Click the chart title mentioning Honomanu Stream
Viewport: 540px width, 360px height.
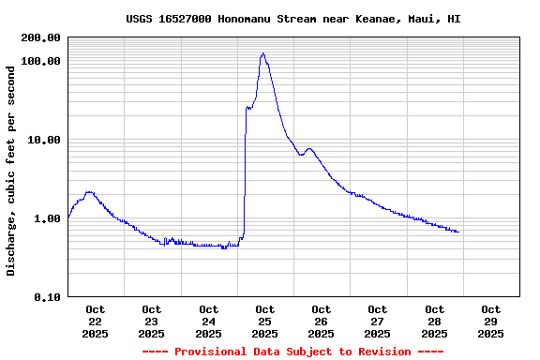[292, 19]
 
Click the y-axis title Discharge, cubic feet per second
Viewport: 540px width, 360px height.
[11, 171]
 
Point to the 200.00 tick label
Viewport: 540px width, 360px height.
[41, 37]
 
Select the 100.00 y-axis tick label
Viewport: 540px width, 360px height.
[41, 61]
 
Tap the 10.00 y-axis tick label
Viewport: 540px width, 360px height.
[44, 140]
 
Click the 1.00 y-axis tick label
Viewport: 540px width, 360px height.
[47, 218]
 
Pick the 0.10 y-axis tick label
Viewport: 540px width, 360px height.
[47, 297]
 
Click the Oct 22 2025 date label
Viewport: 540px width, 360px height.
[96, 321]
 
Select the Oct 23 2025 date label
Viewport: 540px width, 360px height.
[152, 321]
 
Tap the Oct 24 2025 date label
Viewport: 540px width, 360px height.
[208, 321]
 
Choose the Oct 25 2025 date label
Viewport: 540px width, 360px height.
[264, 321]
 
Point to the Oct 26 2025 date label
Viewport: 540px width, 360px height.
[321, 321]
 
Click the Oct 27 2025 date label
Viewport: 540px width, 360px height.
[377, 321]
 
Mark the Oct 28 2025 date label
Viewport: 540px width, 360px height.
[434, 321]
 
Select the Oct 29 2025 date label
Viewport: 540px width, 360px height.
[490, 321]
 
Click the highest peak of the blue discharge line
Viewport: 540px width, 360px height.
[262, 54]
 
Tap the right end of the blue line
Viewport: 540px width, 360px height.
[458, 232]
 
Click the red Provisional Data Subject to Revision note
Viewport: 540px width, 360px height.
[292, 352]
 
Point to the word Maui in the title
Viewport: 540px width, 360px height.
[425, 19]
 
